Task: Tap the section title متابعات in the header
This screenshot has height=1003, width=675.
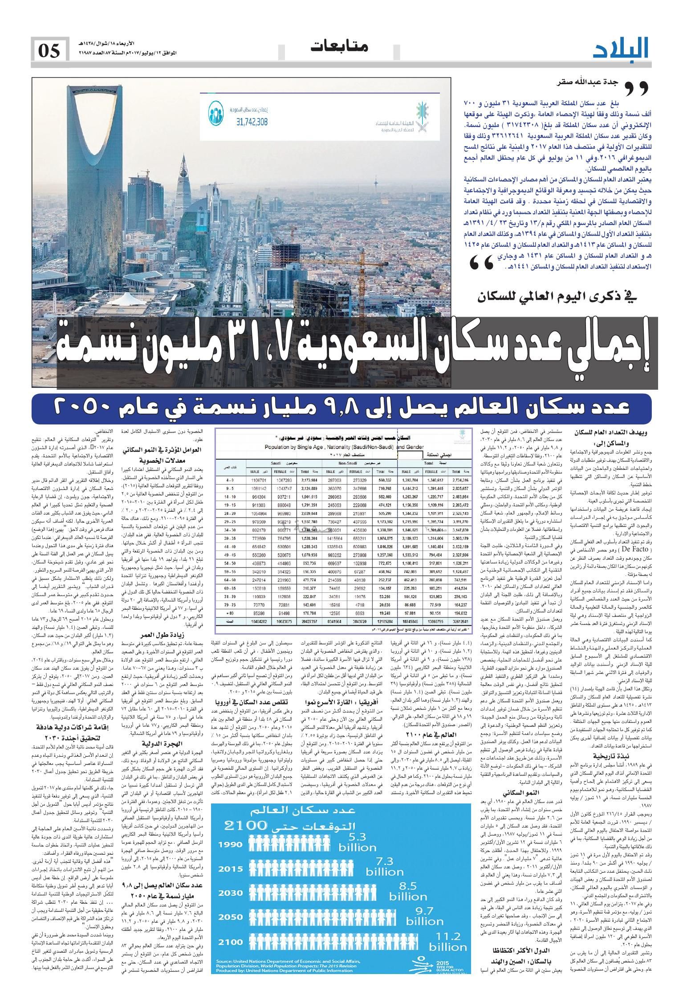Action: pyautogui.click(x=340, y=47)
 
